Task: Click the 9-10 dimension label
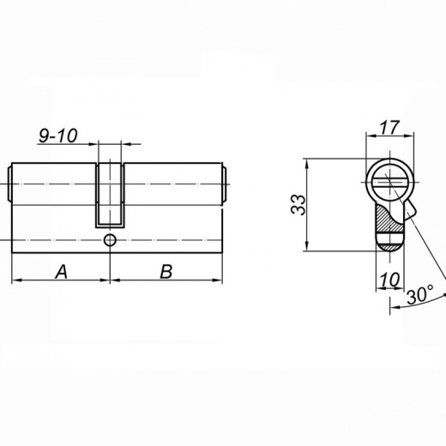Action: pyautogui.click(x=58, y=136)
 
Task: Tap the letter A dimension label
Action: pyautogui.click(x=62, y=272)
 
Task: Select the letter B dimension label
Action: pyautogui.click(x=166, y=272)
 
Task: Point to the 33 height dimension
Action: pyautogui.click(x=298, y=204)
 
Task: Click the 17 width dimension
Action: pyautogui.click(x=389, y=128)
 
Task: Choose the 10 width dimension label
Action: pyautogui.click(x=389, y=280)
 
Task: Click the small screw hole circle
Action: pyautogui.click(x=110, y=240)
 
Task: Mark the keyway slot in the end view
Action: pyautogui.click(x=390, y=183)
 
